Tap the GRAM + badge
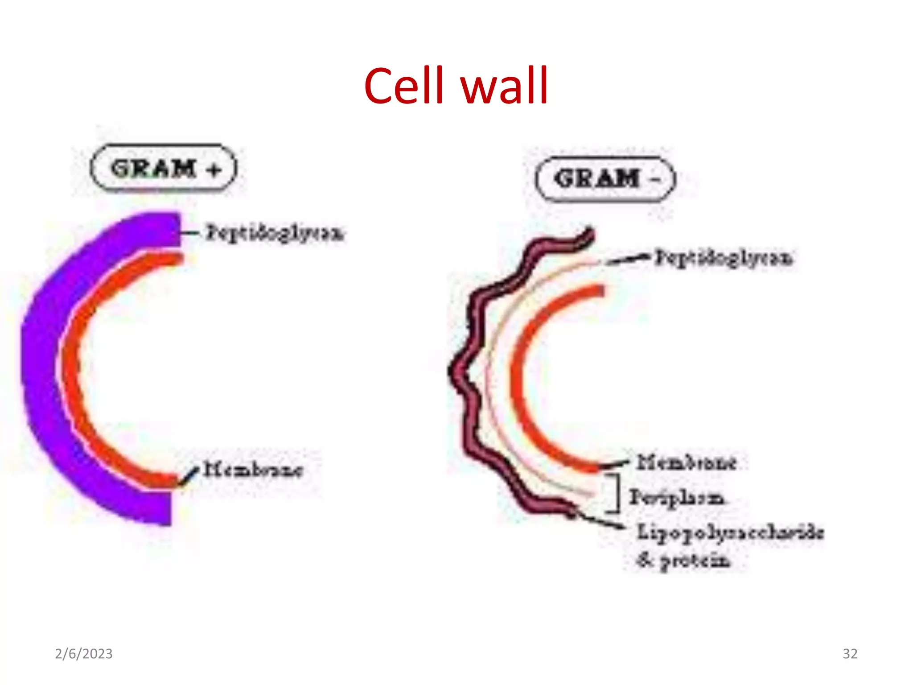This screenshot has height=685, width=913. pyautogui.click(x=164, y=169)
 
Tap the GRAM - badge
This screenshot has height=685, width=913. pyautogui.click(x=605, y=179)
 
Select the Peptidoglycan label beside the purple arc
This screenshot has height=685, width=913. pyautogui.click(x=274, y=233)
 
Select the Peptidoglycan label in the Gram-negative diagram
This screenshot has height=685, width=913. pyautogui.click(x=723, y=258)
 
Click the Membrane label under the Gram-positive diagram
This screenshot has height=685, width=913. pyautogui.click(x=253, y=469)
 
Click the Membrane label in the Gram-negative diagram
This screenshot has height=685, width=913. pyautogui.click(x=686, y=462)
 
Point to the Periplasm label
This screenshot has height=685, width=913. pyautogui.click(x=676, y=497)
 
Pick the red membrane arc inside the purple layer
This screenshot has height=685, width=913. pyautogui.click(x=71, y=370)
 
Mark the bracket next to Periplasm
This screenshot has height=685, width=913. pyautogui.click(x=617, y=493)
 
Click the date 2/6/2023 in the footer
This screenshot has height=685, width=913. pyautogui.click(x=84, y=653)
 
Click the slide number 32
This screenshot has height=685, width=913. pyautogui.click(x=850, y=653)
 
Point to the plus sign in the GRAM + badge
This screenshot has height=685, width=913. pyautogui.click(x=214, y=170)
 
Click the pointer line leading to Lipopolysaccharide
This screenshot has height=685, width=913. pyautogui.click(x=600, y=520)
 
